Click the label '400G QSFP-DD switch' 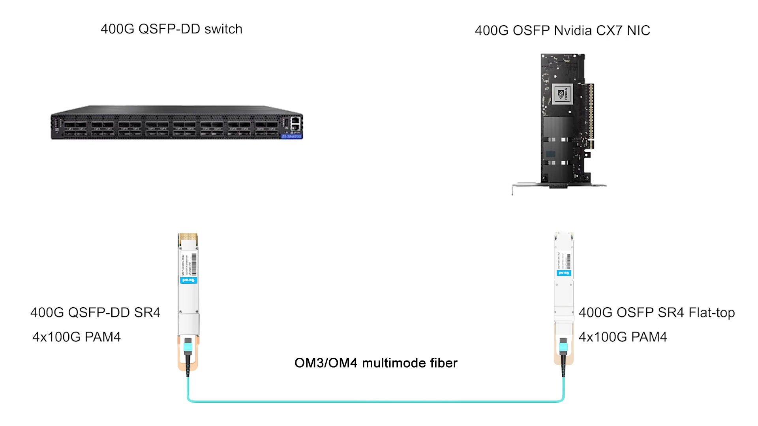[171, 29]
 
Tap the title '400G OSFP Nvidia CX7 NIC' [562, 30]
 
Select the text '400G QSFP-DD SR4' [95, 312]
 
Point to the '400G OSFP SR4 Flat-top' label [657, 312]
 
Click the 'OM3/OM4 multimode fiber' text [376, 363]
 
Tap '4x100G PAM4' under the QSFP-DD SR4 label [77, 337]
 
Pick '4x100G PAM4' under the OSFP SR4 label [623, 337]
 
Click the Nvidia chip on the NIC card [562, 94]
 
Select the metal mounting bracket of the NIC [559, 185]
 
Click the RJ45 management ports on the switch [296, 123]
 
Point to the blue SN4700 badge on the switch [292, 136]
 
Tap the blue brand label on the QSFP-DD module [188, 280]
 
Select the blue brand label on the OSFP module [564, 273]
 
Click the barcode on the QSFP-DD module [194, 264]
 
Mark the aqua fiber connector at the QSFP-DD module [188, 347]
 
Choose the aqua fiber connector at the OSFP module [563, 347]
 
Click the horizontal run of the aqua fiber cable [375, 402]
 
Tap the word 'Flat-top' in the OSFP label [711, 312]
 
